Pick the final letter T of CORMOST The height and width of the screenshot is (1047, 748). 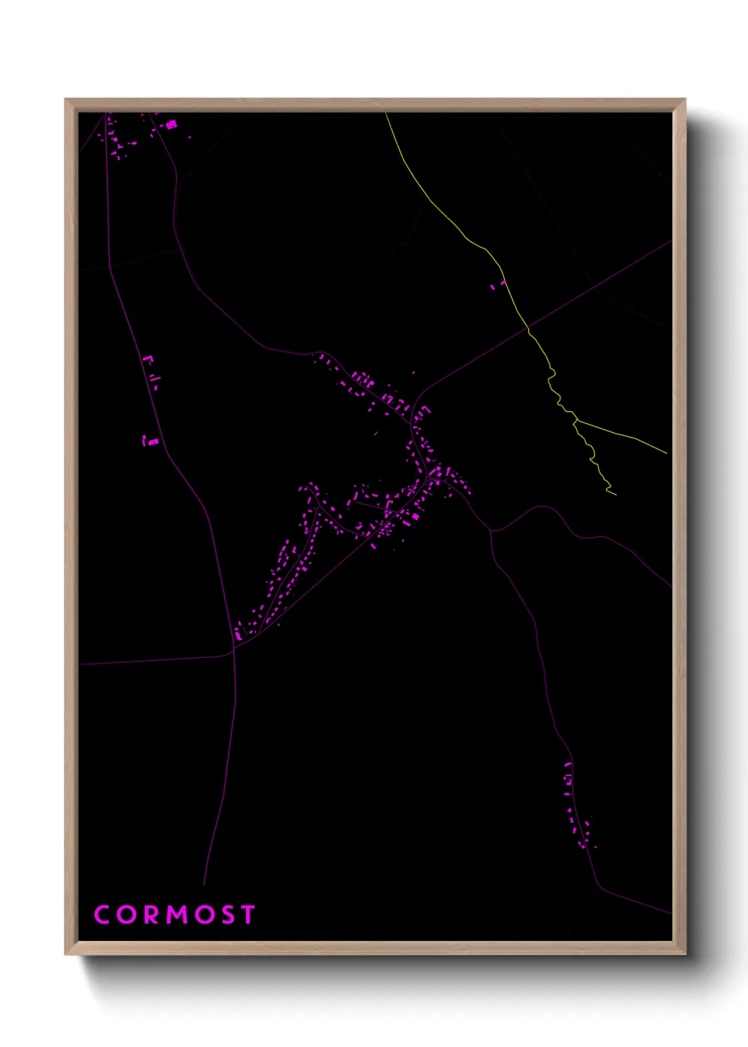click(x=247, y=915)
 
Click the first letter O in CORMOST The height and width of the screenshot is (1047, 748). click(x=126, y=915)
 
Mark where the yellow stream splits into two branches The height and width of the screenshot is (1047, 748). click(x=576, y=420)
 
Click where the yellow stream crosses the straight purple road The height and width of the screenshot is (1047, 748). click(x=527, y=328)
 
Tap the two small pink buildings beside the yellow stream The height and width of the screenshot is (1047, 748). click(x=497, y=285)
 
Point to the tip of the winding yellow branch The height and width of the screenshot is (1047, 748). click(x=616, y=494)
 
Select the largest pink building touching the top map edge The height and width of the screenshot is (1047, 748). click(x=170, y=125)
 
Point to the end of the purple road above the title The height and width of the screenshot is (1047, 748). click(x=204, y=884)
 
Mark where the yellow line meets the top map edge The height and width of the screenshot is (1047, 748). click(x=386, y=114)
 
